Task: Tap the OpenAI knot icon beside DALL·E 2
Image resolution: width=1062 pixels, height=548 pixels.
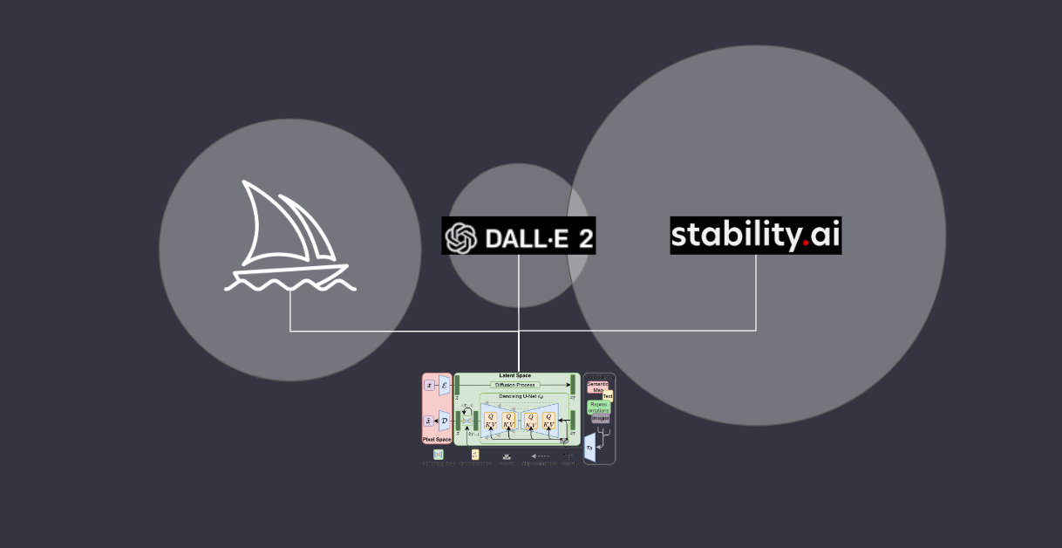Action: tap(461, 236)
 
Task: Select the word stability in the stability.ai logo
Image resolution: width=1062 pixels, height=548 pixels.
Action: tap(735, 236)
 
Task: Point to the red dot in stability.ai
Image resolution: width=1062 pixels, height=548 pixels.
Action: tap(806, 244)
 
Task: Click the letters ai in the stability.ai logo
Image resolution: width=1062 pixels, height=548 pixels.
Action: tap(824, 235)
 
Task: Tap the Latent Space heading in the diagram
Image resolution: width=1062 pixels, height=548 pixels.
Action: tap(514, 375)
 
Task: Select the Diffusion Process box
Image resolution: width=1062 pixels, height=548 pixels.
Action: tap(515, 384)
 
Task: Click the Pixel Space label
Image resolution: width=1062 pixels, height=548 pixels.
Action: tap(437, 440)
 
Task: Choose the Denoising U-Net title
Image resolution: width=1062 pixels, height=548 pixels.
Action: tap(521, 396)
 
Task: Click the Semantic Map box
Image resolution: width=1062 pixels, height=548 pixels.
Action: tap(597, 387)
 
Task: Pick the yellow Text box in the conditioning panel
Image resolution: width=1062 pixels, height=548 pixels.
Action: tap(608, 396)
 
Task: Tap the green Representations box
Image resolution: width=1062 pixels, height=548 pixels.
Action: tap(599, 407)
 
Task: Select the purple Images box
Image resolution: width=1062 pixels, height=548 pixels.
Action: tap(601, 418)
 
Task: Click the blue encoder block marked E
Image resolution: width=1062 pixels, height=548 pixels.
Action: tap(444, 385)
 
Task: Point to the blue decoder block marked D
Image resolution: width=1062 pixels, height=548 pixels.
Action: tap(444, 421)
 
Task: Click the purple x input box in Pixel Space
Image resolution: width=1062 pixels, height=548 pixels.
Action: tap(429, 385)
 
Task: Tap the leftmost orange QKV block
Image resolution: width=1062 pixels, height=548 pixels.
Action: tap(490, 421)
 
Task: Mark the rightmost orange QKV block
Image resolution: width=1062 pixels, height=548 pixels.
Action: tap(548, 421)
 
